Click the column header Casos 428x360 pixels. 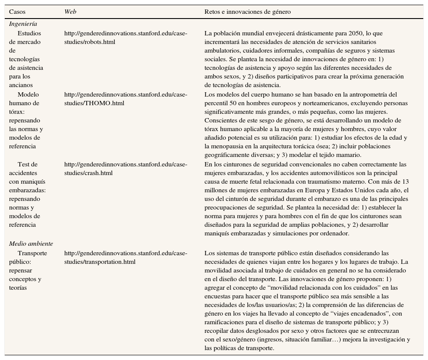click(17, 12)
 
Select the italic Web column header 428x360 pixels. click(70, 12)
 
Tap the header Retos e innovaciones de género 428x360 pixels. click(247, 12)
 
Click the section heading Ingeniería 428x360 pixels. click(23, 24)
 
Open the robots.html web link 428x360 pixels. click(126, 38)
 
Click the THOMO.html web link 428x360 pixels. click(126, 99)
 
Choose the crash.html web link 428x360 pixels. click(126, 169)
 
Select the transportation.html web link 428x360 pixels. click(126, 257)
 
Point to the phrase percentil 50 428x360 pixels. click(221, 103)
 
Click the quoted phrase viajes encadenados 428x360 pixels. click(359, 313)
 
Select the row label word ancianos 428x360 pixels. click(21, 85)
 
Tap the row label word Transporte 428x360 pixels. click(32, 253)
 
